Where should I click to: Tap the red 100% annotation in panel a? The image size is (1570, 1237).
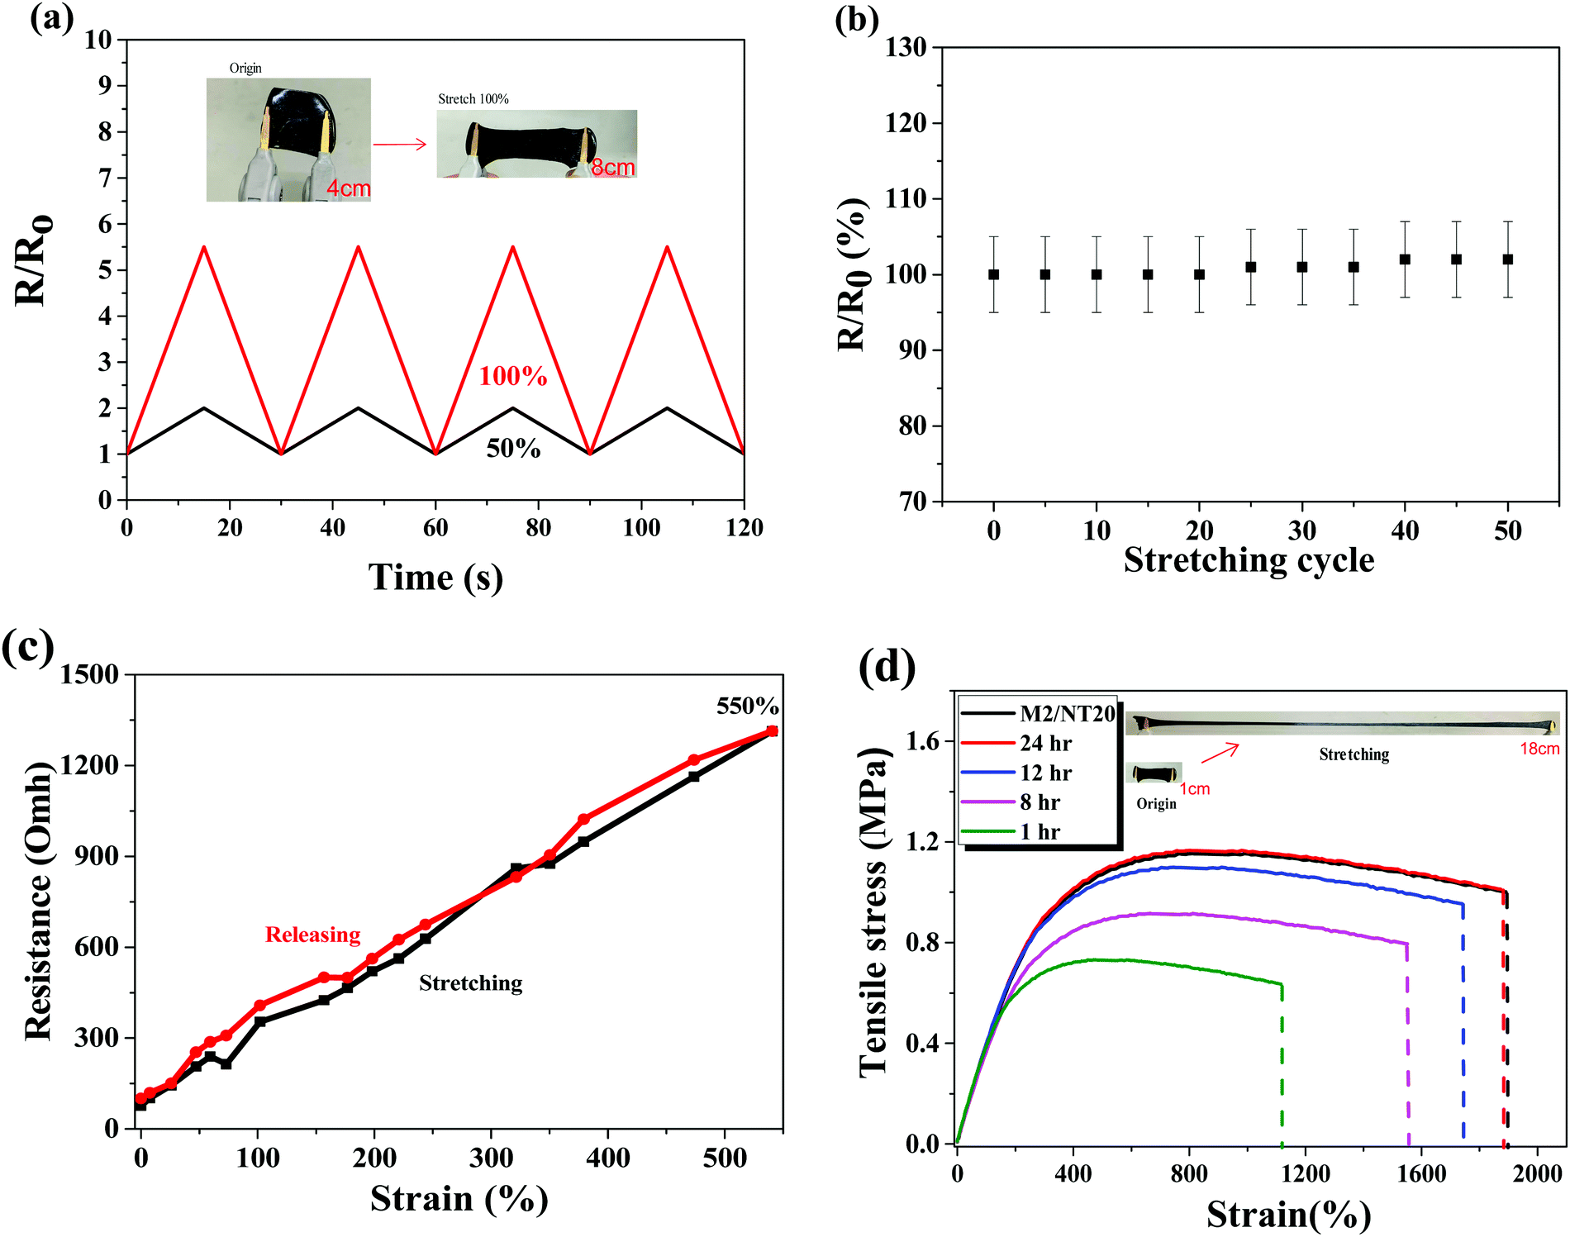click(513, 377)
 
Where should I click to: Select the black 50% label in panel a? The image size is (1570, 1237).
click(513, 449)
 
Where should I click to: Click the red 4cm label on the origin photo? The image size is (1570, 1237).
click(348, 189)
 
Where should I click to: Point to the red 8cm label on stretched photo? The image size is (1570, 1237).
click(613, 168)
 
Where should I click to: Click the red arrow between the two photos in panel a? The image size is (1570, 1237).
click(400, 145)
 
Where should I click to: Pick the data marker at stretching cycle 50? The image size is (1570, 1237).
click(1507, 259)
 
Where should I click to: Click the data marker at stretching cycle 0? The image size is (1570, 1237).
click(993, 274)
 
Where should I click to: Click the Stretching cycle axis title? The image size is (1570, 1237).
click(1249, 561)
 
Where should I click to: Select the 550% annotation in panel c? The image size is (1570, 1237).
click(747, 707)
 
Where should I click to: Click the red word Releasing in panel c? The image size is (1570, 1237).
click(312, 935)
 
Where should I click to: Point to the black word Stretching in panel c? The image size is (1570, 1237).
click(470, 983)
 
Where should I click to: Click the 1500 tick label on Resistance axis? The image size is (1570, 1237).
click(89, 675)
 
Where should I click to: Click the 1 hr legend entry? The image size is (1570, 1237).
click(1040, 832)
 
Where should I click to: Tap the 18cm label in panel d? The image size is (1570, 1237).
click(1539, 749)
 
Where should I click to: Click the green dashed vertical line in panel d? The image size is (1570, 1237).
click(1282, 1066)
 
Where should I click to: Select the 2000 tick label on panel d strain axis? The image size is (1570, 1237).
click(1537, 1174)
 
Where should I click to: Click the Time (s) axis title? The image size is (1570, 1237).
click(435, 578)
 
